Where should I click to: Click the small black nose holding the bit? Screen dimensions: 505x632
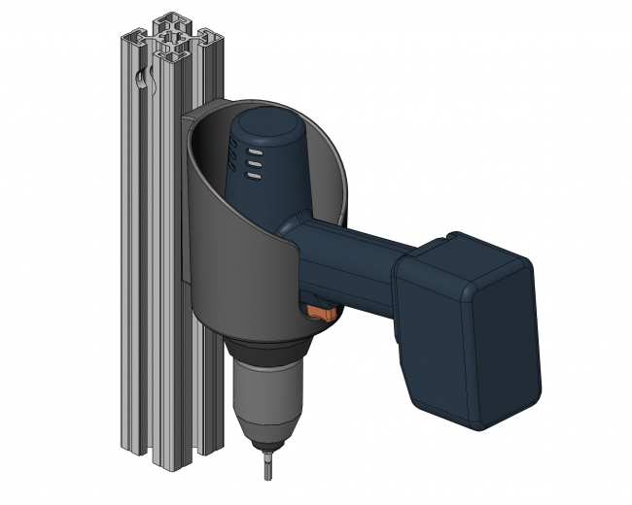(266, 440)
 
